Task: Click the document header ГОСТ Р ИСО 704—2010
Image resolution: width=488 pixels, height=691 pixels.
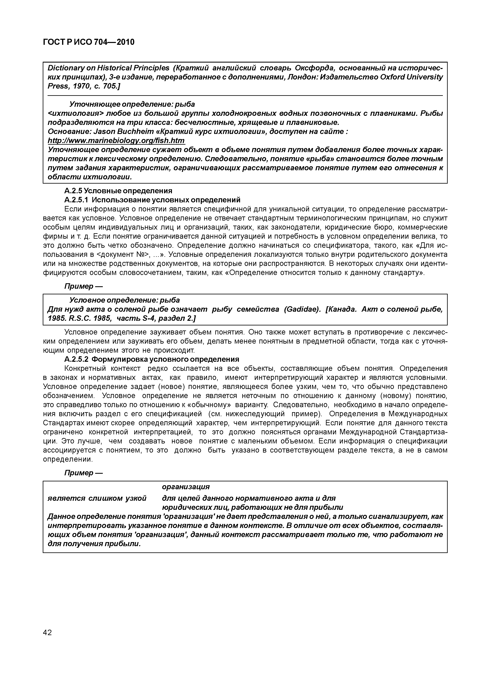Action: pyautogui.click(x=89, y=42)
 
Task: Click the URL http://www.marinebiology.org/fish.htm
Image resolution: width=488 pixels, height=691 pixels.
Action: pyautogui.click(x=116, y=141)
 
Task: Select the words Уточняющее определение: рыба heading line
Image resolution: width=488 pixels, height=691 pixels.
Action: pyautogui.click(x=132, y=104)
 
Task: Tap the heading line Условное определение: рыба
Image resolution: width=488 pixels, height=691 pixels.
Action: pyautogui.click(x=125, y=300)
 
